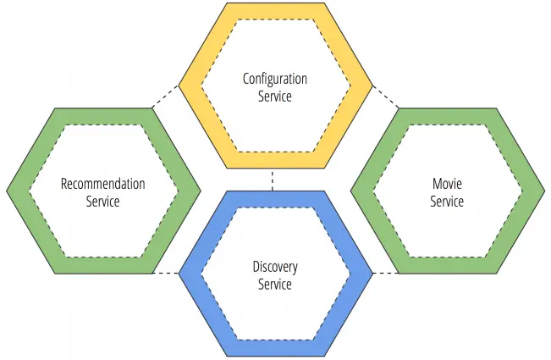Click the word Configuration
point(275,79)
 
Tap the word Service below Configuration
point(275,96)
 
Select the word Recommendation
point(103,184)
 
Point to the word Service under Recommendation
point(103,202)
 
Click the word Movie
point(447,184)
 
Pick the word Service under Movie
point(447,202)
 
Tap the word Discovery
point(275,267)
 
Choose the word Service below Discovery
point(275,285)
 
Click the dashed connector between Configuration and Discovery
point(273,180)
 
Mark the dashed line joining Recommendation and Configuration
point(165,96)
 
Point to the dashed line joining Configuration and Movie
point(385,96)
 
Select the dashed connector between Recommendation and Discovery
point(167,274)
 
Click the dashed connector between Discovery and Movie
point(385,274)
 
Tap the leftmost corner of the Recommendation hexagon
point(7,191)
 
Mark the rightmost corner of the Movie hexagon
point(544,191)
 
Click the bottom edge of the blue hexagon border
point(275,349)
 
